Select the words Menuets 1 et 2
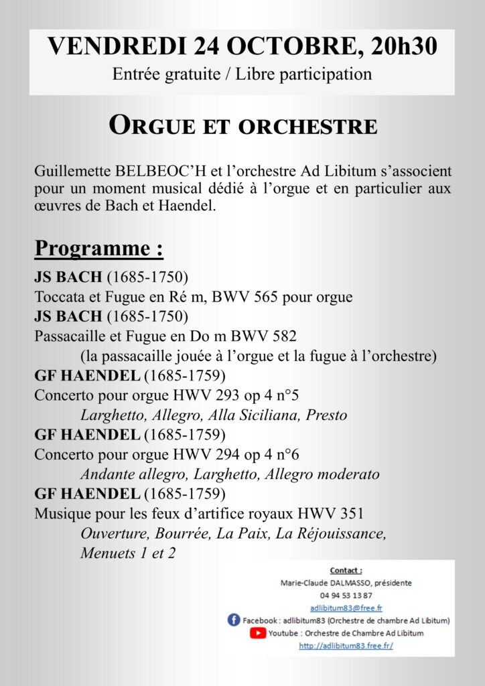click(127, 554)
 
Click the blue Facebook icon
click(234, 620)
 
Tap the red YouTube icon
click(257, 632)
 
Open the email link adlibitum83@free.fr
click(346, 608)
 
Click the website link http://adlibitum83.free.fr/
click(346, 646)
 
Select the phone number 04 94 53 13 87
click(346, 595)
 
